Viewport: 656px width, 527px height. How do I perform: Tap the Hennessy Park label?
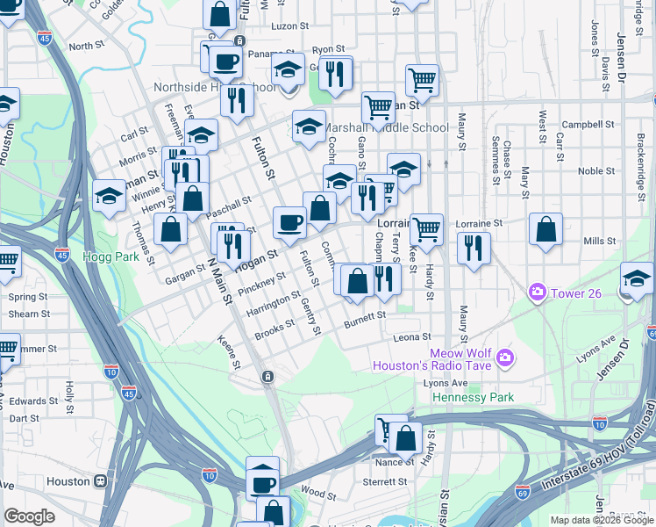coord(473,397)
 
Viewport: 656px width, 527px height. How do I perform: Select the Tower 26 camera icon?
coord(537,292)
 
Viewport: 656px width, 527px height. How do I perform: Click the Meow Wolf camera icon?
coord(504,357)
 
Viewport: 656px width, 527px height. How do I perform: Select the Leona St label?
coord(411,336)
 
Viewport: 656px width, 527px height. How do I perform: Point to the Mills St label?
coord(600,240)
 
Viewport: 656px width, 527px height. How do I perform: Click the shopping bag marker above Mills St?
coord(545,230)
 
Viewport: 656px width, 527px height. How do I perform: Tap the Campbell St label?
coord(585,124)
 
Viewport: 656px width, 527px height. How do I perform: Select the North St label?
coord(86,46)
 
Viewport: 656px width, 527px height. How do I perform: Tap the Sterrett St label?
coord(387,481)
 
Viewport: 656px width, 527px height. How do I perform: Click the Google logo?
coord(29,516)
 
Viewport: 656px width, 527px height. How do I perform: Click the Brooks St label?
coord(275,330)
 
